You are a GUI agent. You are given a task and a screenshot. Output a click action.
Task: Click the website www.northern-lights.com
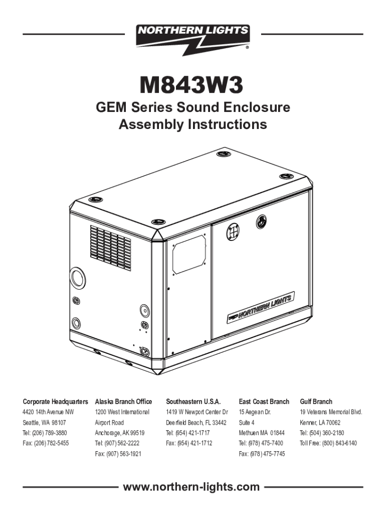coord(193,486)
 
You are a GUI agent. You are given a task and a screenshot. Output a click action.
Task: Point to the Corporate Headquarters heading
coord(56,402)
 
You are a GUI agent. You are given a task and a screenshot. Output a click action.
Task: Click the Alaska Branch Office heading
coord(123,402)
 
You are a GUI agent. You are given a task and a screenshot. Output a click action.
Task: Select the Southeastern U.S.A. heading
coord(193,402)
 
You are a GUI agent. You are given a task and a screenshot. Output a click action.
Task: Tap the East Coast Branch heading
coord(264,402)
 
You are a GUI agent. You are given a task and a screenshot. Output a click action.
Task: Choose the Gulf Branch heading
coord(316,402)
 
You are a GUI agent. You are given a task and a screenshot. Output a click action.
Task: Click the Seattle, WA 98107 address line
coord(45,422)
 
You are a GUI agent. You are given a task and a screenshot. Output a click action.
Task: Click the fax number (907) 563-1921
coord(118,454)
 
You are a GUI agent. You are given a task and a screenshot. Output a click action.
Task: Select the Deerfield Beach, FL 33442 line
coord(197,422)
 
